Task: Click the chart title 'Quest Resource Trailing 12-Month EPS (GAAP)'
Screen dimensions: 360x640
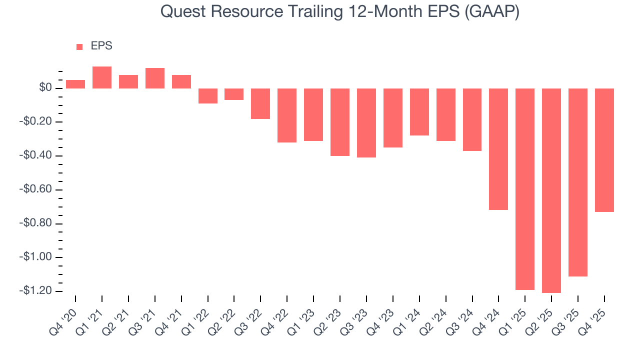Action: pyautogui.click(x=340, y=12)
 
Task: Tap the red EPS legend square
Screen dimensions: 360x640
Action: pyautogui.click(x=79, y=47)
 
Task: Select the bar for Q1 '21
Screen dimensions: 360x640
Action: pyautogui.click(x=102, y=77)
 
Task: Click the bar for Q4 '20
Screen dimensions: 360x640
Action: pyautogui.click(x=75, y=84)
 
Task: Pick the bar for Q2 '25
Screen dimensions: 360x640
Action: pyautogui.click(x=551, y=190)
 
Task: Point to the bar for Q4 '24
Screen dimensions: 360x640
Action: pyautogui.click(x=498, y=149)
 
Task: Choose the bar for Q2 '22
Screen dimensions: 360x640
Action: pyautogui.click(x=234, y=94)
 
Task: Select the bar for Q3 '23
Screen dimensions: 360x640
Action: pyautogui.click(x=366, y=123)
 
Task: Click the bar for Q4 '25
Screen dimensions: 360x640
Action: pyautogui.click(x=604, y=150)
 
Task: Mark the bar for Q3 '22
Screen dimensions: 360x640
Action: pyautogui.click(x=260, y=103)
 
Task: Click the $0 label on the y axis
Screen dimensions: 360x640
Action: pyautogui.click(x=46, y=88)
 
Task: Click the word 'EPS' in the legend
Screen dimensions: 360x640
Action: pyautogui.click(x=101, y=46)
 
